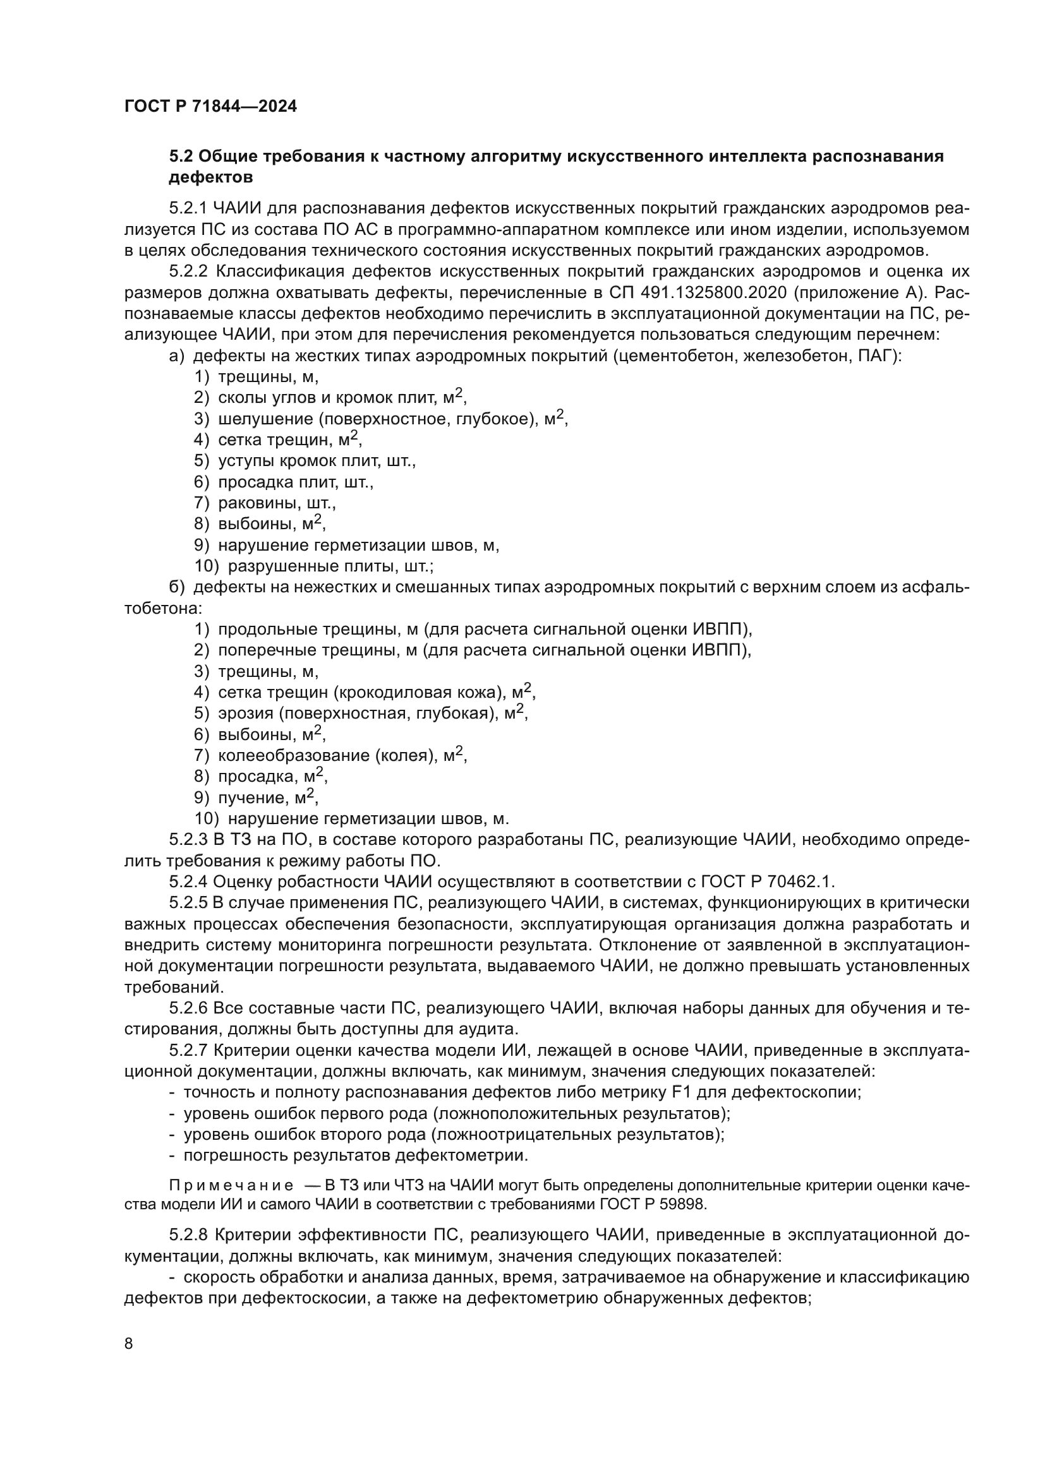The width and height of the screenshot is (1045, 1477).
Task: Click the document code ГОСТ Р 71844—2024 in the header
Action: (210, 107)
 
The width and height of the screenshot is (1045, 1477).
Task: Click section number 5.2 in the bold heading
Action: (181, 157)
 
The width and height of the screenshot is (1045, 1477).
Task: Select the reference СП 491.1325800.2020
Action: (698, 293)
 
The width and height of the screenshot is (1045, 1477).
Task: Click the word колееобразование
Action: (293, 755)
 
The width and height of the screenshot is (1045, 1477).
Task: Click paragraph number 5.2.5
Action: (188, 902)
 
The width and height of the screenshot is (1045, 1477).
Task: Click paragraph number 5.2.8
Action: (188, 1235)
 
